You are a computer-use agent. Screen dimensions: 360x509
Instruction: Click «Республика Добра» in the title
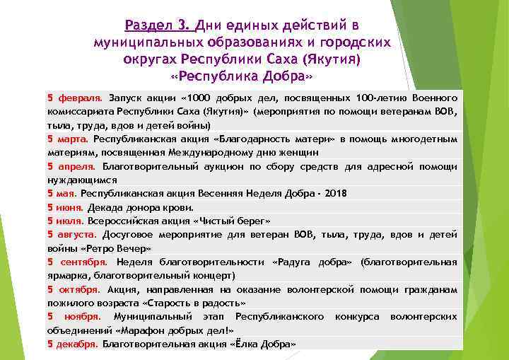point(241,74)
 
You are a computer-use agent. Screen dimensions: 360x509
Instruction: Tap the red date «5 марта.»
point(68,139)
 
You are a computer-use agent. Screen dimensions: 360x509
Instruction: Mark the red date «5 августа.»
point(72,234)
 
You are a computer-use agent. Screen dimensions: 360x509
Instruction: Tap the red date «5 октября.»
point(74,289)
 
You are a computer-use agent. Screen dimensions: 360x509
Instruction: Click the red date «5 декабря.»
point(73,344)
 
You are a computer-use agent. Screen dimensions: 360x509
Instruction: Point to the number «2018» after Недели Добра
point(336,194)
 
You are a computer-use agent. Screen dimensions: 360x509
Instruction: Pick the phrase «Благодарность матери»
point(270,139)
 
